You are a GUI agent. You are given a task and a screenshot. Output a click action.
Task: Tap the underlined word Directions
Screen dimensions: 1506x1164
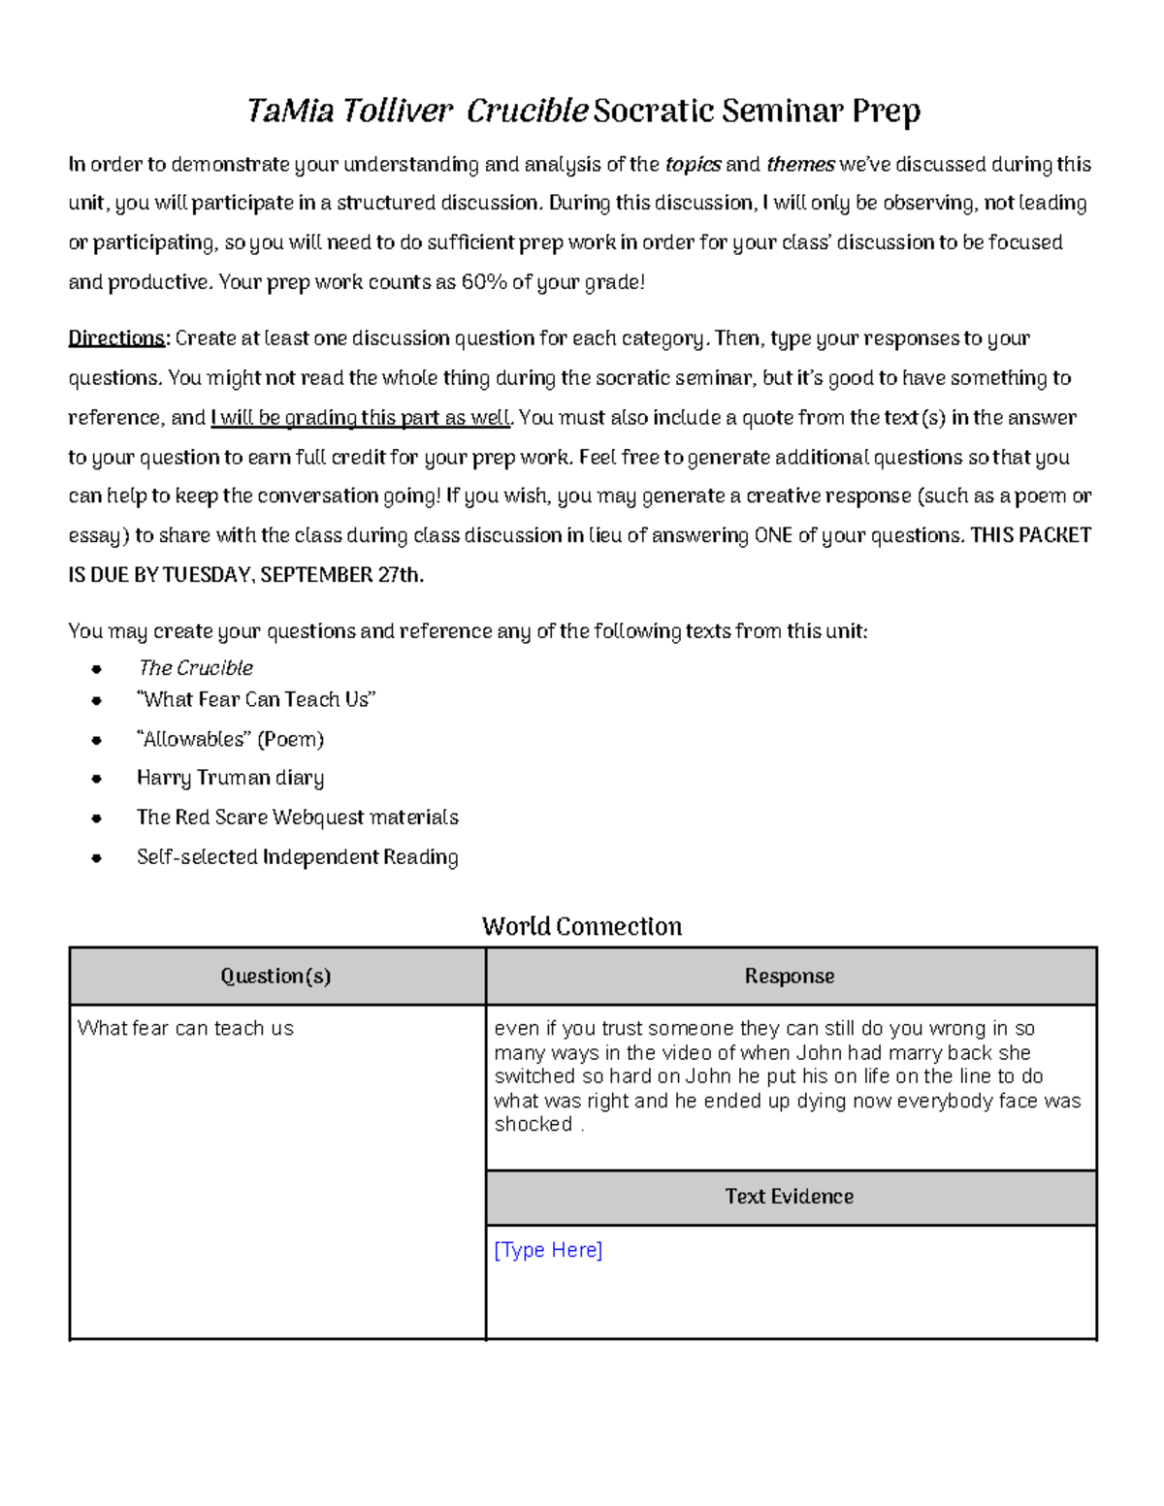click(x=116, y=338)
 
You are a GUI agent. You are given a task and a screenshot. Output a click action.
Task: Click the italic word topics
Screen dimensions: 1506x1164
click(x=693, y=165)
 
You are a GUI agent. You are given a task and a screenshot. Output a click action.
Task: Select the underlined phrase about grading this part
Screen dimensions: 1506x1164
click(x=360, y=418)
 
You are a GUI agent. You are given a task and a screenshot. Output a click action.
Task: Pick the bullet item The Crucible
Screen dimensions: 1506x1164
click(x=195, y=668)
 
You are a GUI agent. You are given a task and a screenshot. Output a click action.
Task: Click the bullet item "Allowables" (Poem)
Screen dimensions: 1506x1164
click(x=230, y=739)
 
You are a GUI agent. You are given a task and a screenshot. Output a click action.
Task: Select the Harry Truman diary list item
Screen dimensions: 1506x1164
click(x=230, y=778)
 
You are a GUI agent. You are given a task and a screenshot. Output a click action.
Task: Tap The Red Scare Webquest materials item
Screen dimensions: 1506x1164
click(x=297, y=817)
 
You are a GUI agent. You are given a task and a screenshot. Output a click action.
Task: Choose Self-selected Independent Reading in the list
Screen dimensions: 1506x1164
click(x=297, y=857)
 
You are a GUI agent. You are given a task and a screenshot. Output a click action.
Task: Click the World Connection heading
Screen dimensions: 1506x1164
click(x=582, y=926)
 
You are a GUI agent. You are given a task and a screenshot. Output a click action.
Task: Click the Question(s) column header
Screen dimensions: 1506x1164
click(x=275, y=977)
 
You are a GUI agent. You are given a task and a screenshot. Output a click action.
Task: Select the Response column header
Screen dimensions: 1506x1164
click(x=790, y=977)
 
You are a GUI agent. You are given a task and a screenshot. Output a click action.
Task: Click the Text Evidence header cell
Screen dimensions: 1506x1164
click(x=790, y=1197)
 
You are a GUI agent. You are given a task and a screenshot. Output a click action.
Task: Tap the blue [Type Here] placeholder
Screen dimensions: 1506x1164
click(x=548, y=1250)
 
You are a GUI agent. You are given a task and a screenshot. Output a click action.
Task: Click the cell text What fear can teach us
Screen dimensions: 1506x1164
click(x=185, y=1028)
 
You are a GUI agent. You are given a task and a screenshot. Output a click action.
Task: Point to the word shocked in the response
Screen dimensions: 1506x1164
click(x=533, y=1125)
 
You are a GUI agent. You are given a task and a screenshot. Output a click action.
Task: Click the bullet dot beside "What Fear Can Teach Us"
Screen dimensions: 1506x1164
click(x=95, y=700)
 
